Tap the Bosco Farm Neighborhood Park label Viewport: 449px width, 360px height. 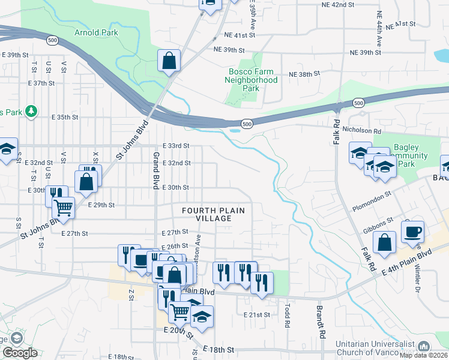coord(252,80)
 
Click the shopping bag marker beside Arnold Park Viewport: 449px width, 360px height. coord(169,61)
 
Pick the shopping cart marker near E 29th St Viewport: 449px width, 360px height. coord(63,208)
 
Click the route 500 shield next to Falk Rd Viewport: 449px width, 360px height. coord(358,103)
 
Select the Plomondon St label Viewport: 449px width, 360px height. coord(372,195)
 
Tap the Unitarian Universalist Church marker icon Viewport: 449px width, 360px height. coord(424,346)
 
